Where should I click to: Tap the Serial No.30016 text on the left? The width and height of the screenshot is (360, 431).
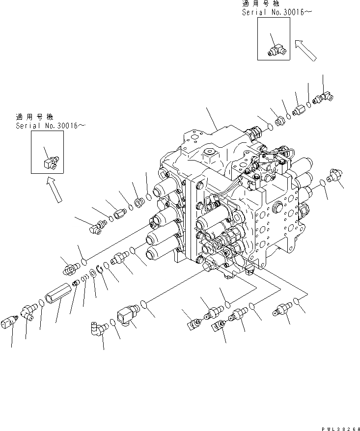50,126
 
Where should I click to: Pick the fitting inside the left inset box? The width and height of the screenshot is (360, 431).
49,161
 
